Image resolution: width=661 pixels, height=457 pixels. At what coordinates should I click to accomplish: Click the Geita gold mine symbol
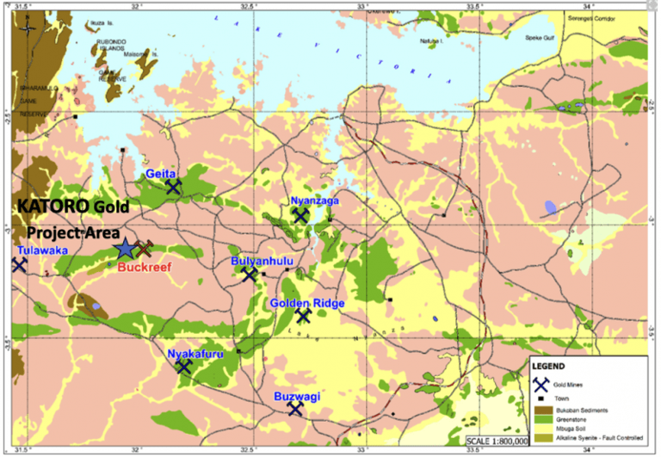coord(175,186)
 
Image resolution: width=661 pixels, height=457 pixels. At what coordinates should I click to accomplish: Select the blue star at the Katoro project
coord(126,250)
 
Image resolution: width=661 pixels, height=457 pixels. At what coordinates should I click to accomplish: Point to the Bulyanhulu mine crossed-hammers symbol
coord(250,275)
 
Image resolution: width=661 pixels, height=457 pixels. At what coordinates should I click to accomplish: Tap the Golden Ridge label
coord(307,303)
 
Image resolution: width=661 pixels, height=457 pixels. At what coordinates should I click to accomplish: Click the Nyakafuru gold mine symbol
coord(183,366)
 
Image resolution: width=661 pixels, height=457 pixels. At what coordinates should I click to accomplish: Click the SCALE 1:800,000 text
coord(498,442)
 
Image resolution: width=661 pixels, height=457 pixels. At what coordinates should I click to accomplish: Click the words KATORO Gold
coord(72,207)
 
